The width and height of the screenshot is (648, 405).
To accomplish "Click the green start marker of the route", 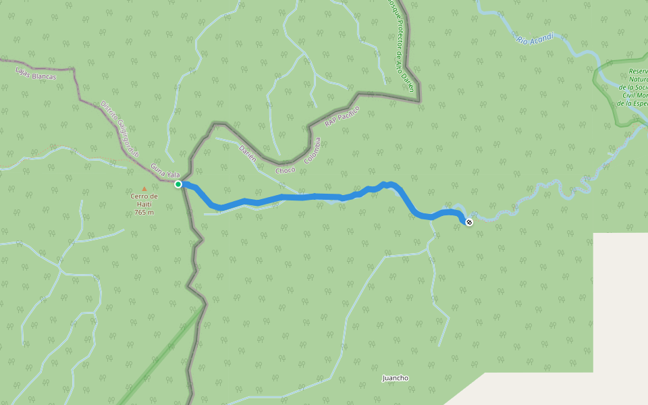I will (178, 184).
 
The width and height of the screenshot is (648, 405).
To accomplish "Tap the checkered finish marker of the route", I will (469, 221).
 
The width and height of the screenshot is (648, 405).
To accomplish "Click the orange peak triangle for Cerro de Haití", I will (144, 188).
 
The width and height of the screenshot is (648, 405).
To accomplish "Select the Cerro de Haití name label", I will (144, 200).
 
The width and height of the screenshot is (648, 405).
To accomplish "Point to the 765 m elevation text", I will (144, 213).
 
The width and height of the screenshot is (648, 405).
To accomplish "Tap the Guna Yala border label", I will (165, 169).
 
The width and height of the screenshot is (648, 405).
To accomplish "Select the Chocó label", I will (286, 170).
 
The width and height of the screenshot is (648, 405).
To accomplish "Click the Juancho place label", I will (396, 378).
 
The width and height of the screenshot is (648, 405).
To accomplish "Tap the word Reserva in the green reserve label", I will (637, 71).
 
